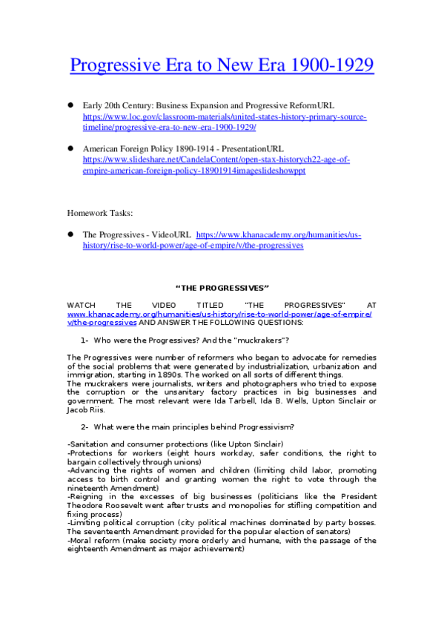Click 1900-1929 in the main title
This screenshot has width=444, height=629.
[334, 66]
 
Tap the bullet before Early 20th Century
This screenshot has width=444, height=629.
[71, 106]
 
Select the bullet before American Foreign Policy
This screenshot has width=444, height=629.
[71, 148]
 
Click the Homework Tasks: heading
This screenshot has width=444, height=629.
[100, 213]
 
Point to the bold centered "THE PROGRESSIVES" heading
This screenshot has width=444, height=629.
[222, 287]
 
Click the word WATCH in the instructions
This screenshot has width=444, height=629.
[81, 305]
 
